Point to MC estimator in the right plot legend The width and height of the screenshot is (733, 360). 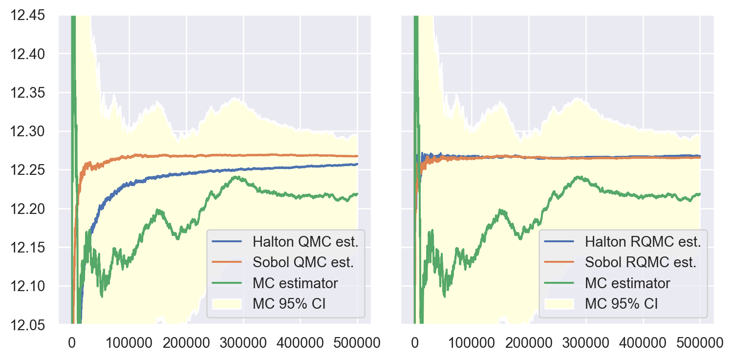pyautogui.click(x=628, y=283)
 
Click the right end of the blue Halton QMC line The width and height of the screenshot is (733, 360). pyautogui.click(x=357, y=164)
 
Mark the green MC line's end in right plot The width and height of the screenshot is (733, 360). pyautogui.click(x=700, y=194)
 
